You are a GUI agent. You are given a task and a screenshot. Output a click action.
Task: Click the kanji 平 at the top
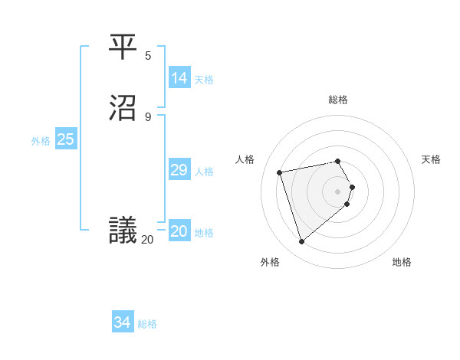pyautogui.click(x=123, y=47)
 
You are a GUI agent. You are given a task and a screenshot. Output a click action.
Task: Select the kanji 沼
pyautogui.click(x=123, y=109)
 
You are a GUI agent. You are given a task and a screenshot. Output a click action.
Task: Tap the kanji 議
pyautogui.click(x=123, y=231)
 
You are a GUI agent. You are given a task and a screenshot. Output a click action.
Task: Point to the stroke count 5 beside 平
pyautogui.click(x=148, y=55)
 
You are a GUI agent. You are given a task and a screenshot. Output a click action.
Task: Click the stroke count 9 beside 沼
pyautogui.click(x=148, y=116)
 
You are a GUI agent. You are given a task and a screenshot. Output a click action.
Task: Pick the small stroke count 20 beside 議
pyautogui.click(x=147, y=240)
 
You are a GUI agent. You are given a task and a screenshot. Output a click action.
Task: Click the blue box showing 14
pyautogui.click(x=179, y=78)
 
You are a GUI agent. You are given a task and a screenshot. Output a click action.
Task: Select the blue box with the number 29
pyautogui.click(x=179, y=171)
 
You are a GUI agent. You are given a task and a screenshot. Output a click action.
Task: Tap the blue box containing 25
pyautogui.click(x=65, y=139)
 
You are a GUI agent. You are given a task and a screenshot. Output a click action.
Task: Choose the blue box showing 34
pyautogui.click(x=123, y=323)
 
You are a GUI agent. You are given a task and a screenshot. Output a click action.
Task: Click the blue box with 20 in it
pyautogui.click(x=179, y=232)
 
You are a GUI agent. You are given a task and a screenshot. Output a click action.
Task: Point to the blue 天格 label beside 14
pyautogui.click(x=204, y=80)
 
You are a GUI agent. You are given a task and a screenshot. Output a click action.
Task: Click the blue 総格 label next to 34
pyautogui.click(x=147, y=324)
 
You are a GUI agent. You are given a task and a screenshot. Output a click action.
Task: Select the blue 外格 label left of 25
pyautogui.click(x=41, y=141)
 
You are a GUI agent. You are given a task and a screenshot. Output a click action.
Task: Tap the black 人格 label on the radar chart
pyautogui.click(x=245, y=159)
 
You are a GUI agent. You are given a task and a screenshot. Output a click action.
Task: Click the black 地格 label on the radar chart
pyautogui.click(x=402, y=262)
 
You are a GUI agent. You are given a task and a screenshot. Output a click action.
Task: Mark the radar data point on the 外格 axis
pyautogui.click(x=302, y=242)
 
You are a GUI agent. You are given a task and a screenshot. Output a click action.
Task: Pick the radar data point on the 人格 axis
pyautogui.click(x=280, y=172)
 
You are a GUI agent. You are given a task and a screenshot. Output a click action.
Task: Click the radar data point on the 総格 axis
pyautogui.click(x=338, y=161)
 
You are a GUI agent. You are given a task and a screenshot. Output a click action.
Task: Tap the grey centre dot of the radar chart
pyautogui.click(x=338, y=191)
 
